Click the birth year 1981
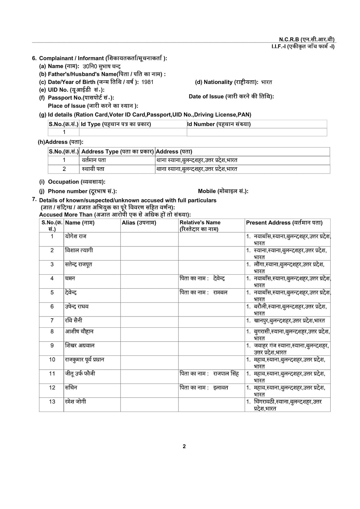coord(149,82)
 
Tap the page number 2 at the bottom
coord(184,446)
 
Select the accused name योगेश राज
coord(76,236)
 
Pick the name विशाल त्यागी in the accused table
coord(79,250)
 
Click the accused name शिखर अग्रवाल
coord(80,345)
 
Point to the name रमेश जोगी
coord(76,401)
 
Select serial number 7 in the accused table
coord(52,320)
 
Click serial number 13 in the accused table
coord(52,402)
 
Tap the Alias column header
coord(139,223)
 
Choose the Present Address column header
coord(284,223)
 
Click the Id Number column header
coord(219,124)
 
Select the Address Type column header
coord(118,152)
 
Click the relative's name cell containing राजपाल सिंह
coord(209,374)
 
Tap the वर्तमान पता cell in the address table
coord(94,160)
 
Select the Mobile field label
coord(223,191)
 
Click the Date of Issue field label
coord(231,97)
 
